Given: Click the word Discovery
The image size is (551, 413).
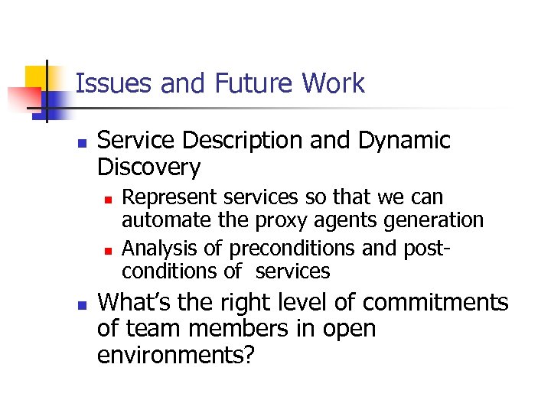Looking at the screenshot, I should (x=149, y=167).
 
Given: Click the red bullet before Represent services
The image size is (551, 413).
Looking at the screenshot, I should (x=108, y=199).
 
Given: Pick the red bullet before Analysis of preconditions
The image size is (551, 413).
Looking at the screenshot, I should (x=108, y=250).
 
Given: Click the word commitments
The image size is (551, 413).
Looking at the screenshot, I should (x=435, y=303).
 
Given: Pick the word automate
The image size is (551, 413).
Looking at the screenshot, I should (x=161, y=221).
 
